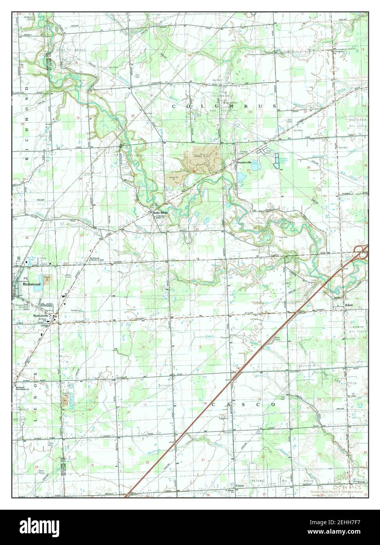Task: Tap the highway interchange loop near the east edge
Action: tap(361, 252)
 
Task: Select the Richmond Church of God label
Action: tap(96, 259)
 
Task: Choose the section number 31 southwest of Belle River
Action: tap(81, 235)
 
